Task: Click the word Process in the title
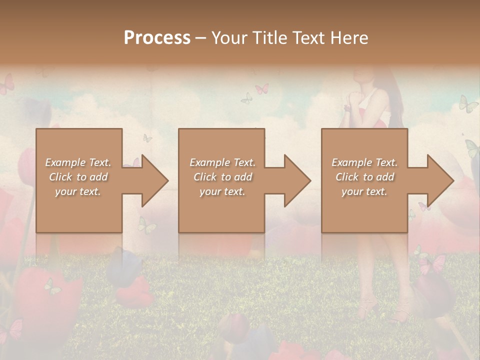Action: [x=157, y=38]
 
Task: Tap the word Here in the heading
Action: [x=349, y=38]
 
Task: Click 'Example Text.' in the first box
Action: [x=78, y=162]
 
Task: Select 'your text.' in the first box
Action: [x=78, y=191]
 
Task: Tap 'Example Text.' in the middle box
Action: [x=222, y=162]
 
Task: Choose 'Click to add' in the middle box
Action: [x=222, y=177]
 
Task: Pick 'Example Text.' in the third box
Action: [x=364, y=162]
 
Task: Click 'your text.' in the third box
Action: [x=364, y=191]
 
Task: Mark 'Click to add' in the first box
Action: [x=78, y=177]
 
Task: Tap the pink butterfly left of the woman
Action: [x=261, y=89]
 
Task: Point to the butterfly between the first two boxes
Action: [x=147, y=138]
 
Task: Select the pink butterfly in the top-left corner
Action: [x=7, y=84]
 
